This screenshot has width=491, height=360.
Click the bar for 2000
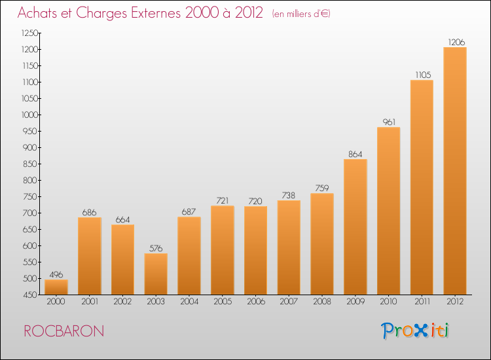[x=56, y=287]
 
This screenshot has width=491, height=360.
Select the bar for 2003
[x=156, y=274]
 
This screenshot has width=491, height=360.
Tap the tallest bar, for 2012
[x=455, y=171]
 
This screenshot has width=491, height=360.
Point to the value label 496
[x=56, y=274]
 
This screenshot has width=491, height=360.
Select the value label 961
[x=389, y=122]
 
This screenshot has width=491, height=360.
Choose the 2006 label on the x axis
[x=256, y=302]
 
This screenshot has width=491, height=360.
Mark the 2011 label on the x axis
[x=422, y=302]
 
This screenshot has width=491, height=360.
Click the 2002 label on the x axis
[x=123, y=302]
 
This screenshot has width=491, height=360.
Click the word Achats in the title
[x=39, y=12]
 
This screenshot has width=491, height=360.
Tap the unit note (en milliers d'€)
[x=300, y=14]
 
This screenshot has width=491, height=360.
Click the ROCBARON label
[x=64, y=331]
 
